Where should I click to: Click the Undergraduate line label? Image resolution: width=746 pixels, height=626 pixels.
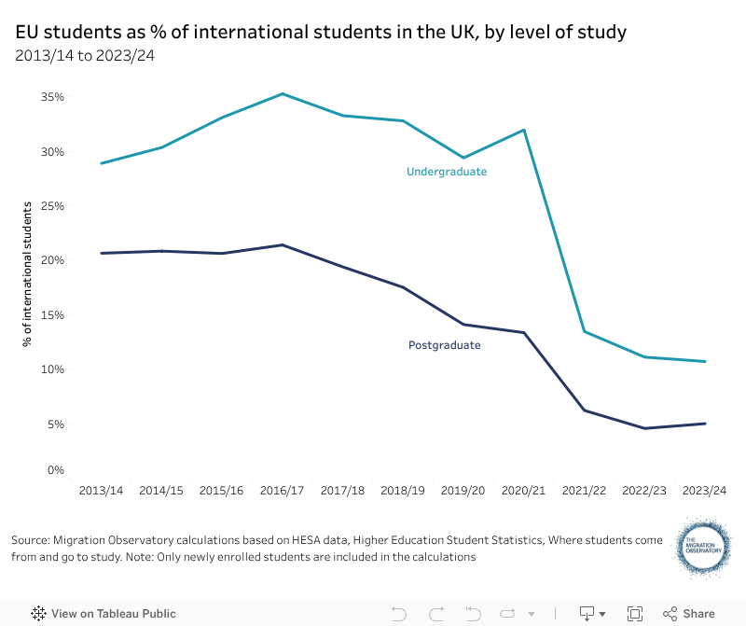click(x=447, y=172)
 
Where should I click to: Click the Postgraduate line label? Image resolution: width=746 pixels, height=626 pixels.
click(x=445, y=345)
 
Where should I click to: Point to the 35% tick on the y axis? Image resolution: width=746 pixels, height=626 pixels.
click(x=52, y=97)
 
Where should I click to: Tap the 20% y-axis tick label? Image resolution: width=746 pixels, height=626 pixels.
click(x=52, y=260)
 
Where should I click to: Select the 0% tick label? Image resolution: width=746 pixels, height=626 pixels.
click(x=55, y=470)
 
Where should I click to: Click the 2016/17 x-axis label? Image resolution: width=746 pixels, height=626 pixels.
click(x=282, y=491)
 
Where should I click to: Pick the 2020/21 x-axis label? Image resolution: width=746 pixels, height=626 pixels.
click(x=524, y=491)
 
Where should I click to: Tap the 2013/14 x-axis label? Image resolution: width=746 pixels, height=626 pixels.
click(x=101, y=491)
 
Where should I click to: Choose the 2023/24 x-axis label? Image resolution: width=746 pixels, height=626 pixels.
click(x=705, y=491)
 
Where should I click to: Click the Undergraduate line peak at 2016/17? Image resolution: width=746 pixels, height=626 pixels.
click(x=282, y=94)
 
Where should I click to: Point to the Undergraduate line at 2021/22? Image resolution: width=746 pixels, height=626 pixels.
click(x=584, y=331)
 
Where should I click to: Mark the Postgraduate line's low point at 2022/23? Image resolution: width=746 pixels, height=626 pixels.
click(x=644, y=428)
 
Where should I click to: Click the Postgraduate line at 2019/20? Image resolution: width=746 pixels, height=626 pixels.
click(x=463, y=325)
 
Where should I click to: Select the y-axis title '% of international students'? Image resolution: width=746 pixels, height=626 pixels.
click(x=28, y=273)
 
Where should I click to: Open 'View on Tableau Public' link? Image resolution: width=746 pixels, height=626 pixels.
click(x=104, y=614)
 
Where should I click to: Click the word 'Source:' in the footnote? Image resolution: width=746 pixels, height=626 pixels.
click(x=31, y=540)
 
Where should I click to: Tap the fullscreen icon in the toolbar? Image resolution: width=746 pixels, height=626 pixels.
click(x=635, y=614)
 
